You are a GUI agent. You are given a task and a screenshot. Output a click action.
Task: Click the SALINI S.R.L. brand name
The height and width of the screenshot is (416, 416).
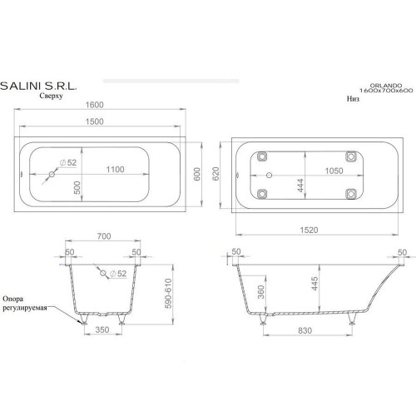38,86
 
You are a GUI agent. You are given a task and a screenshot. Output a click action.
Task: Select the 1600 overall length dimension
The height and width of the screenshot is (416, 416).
94,105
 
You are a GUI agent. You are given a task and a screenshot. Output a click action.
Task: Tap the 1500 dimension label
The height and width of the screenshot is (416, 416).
94,121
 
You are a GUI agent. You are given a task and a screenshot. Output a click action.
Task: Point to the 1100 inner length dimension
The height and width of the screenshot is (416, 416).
115,169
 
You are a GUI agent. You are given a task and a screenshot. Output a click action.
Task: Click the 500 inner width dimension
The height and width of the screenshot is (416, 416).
77,187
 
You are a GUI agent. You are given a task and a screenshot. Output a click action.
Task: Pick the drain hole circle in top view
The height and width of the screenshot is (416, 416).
52,174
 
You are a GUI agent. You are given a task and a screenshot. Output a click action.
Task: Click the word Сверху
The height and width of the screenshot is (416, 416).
51,96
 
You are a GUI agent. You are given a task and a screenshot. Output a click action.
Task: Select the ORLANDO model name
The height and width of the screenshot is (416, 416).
386,86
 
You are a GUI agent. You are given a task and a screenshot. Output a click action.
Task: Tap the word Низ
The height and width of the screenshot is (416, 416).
353,98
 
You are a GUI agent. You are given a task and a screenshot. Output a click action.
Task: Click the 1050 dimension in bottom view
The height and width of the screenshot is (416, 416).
334,171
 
